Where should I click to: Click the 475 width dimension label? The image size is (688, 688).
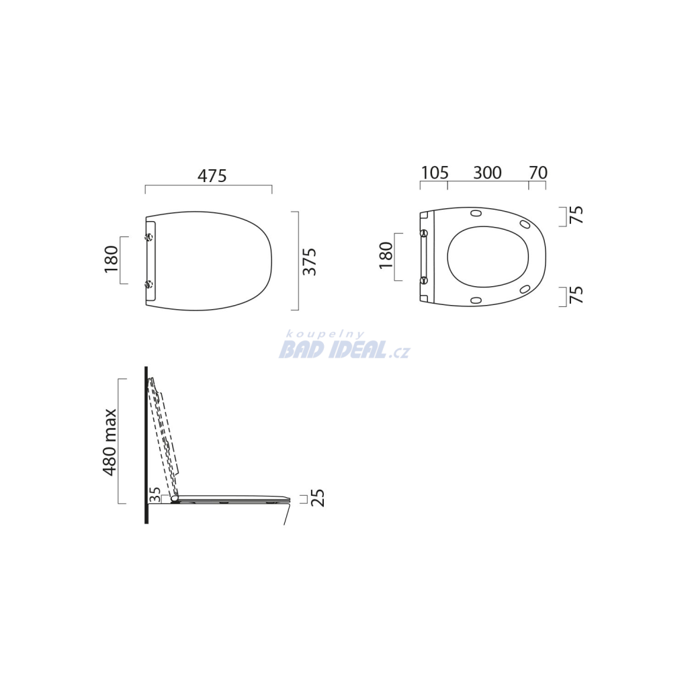coord(212,176)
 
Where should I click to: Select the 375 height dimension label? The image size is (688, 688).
coord(310,261)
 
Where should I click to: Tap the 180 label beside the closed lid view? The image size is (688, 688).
coord(112,259)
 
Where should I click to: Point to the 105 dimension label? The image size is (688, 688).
coord(435,173)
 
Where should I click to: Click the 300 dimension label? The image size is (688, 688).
coord(487,173)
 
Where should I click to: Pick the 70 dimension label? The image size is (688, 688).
coord(538,173)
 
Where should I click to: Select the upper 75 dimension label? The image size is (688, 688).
coord(576,215)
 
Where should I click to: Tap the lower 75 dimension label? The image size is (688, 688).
coord(576,295)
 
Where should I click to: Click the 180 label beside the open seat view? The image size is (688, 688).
coord(386,255)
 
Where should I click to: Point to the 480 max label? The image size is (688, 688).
coord(110,442)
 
